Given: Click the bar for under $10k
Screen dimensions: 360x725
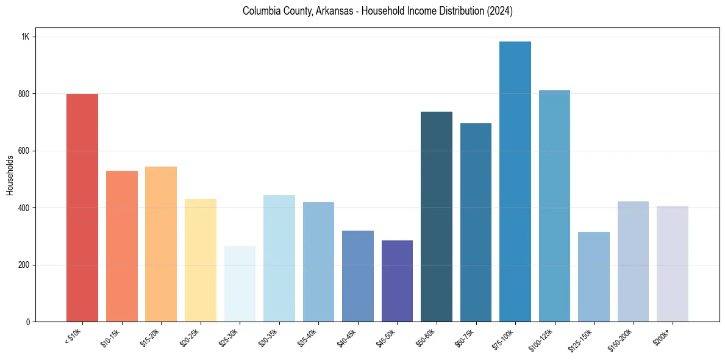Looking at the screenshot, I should [x=82, y=207].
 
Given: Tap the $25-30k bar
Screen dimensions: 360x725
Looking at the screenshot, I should [x=240, y=284].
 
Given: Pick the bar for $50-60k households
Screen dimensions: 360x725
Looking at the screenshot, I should [x=437, y=217].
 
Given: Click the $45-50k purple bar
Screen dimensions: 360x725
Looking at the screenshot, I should [x=397, y=281].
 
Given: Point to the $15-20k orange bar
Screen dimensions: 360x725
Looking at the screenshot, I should [x=161, y=244].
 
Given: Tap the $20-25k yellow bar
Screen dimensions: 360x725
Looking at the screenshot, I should [x=201, y=260].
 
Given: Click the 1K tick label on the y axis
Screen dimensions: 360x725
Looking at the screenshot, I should [x=26, y=37].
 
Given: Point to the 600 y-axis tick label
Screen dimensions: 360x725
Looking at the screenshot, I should [x=24, y=151].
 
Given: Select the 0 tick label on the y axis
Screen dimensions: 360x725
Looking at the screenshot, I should [x=28, y=322].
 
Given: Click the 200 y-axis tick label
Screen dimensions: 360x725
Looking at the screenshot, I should [x=24, y=265].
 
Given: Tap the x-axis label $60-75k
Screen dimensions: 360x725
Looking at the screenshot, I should [x=464, y=337].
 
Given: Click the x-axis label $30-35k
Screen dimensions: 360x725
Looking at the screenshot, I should [x=267, y=337].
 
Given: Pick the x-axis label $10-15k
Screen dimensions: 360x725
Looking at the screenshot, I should [x=110, y=337].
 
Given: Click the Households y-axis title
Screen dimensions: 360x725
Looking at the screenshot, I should [x=10, y=175].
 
